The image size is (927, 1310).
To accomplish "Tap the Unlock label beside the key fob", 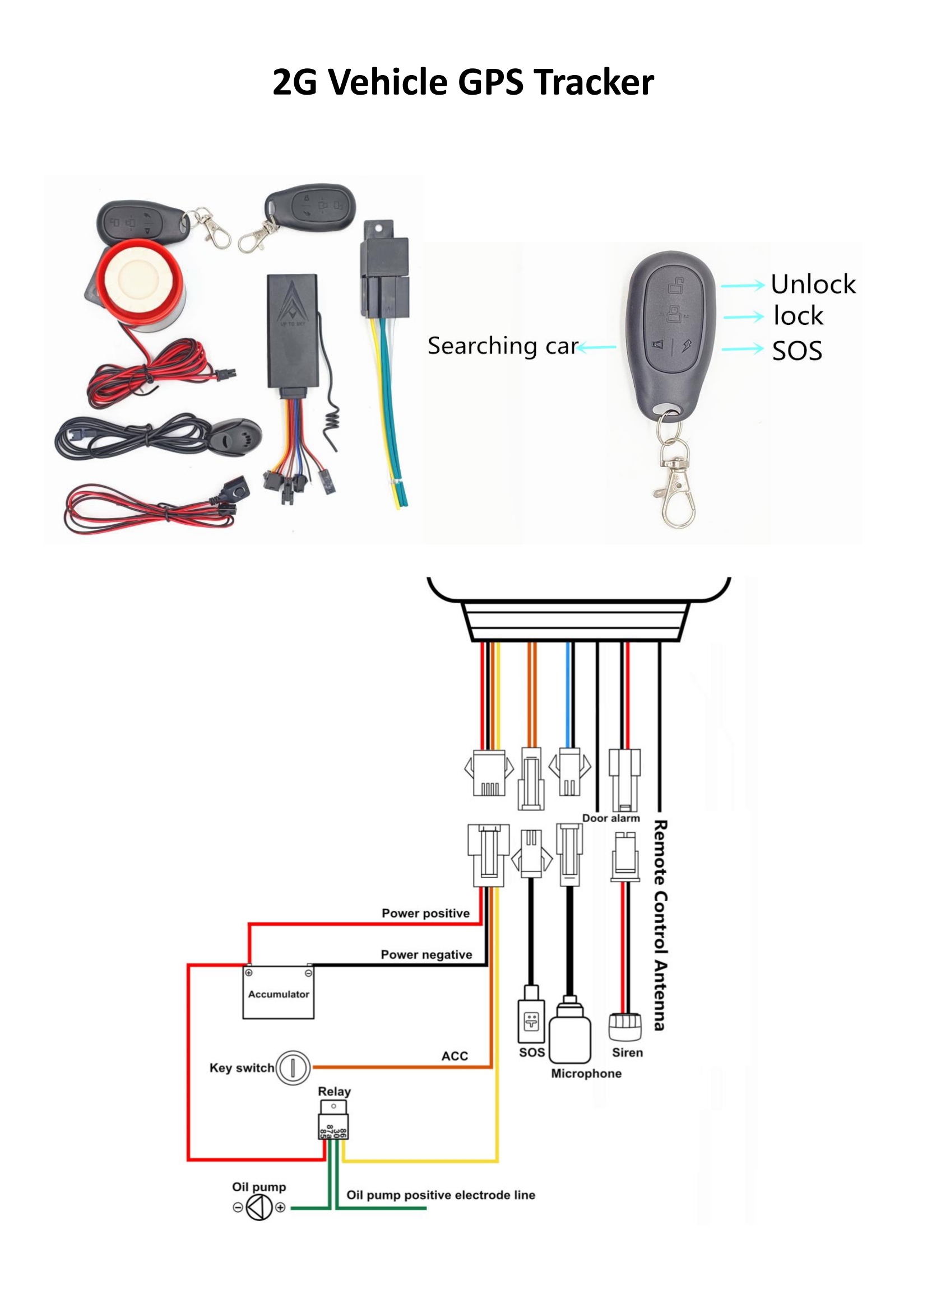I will coord(813,284).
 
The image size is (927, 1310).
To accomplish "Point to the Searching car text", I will coord(502,346).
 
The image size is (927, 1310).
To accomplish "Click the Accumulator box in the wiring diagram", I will coord(278,994).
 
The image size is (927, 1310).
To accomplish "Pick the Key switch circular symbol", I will coord(293,1067).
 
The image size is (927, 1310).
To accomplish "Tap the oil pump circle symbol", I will coord(259,1208).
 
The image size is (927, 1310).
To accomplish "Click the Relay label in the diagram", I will coord(334,1091).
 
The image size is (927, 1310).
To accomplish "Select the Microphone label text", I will coord(586,1073).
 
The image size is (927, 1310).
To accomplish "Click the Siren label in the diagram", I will coord(627,1053).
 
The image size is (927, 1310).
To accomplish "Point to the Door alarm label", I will coord(611,818).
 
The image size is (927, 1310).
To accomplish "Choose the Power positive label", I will coord(425,913).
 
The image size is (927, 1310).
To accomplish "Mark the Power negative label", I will coord(427,954).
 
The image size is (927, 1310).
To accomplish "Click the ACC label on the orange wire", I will coord(455,1056).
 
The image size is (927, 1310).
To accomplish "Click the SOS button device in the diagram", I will coord(531,1021).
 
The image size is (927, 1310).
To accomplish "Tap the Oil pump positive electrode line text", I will coord(441,1195).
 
